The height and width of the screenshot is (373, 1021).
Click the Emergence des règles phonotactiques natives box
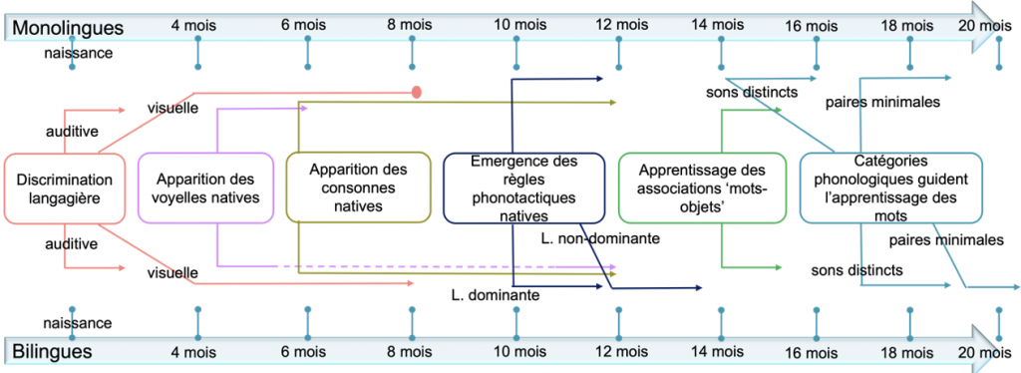click(523, 186)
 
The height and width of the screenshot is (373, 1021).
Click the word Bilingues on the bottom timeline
click(52, 351)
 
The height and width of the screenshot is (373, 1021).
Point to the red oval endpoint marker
click(417, 93)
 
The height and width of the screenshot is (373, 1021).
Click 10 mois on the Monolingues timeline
click(518, 24)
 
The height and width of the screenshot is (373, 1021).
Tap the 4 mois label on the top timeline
click(197, 24)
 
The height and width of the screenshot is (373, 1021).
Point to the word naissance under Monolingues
click(78, 52)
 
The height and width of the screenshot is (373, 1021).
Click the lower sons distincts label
click(856, 270)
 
